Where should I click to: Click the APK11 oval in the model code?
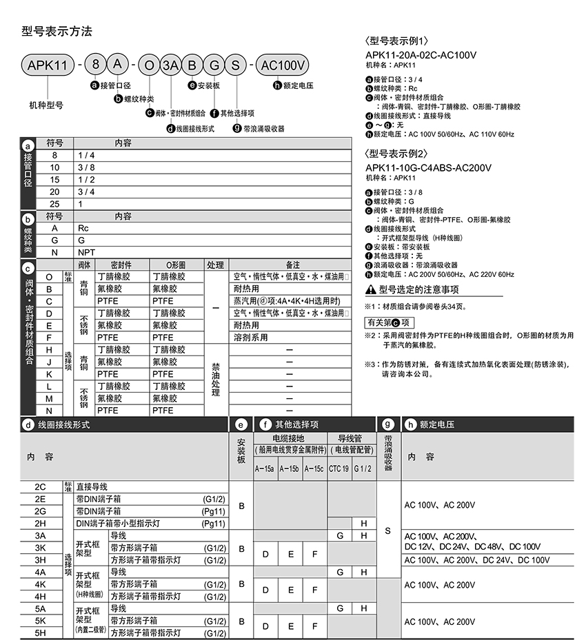coord(48,65)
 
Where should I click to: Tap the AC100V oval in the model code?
coord(283,65)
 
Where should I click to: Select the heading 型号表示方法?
coord(57,31)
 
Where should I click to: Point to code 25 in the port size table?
coord(54,204)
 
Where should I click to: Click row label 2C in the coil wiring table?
coord(40,486)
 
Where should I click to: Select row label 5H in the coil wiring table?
coord(40,633)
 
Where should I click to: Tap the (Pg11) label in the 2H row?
coord(214,524)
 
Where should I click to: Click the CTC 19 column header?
coord(339,468)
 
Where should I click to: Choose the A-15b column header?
coord(290,468)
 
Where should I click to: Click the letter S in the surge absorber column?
coord(388,530)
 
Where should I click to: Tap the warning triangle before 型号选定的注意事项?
coord(370,289)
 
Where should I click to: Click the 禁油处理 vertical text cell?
coord(216,380)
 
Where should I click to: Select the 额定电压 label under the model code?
coord(298,85)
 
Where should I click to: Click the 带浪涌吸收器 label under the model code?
coord(263,128)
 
